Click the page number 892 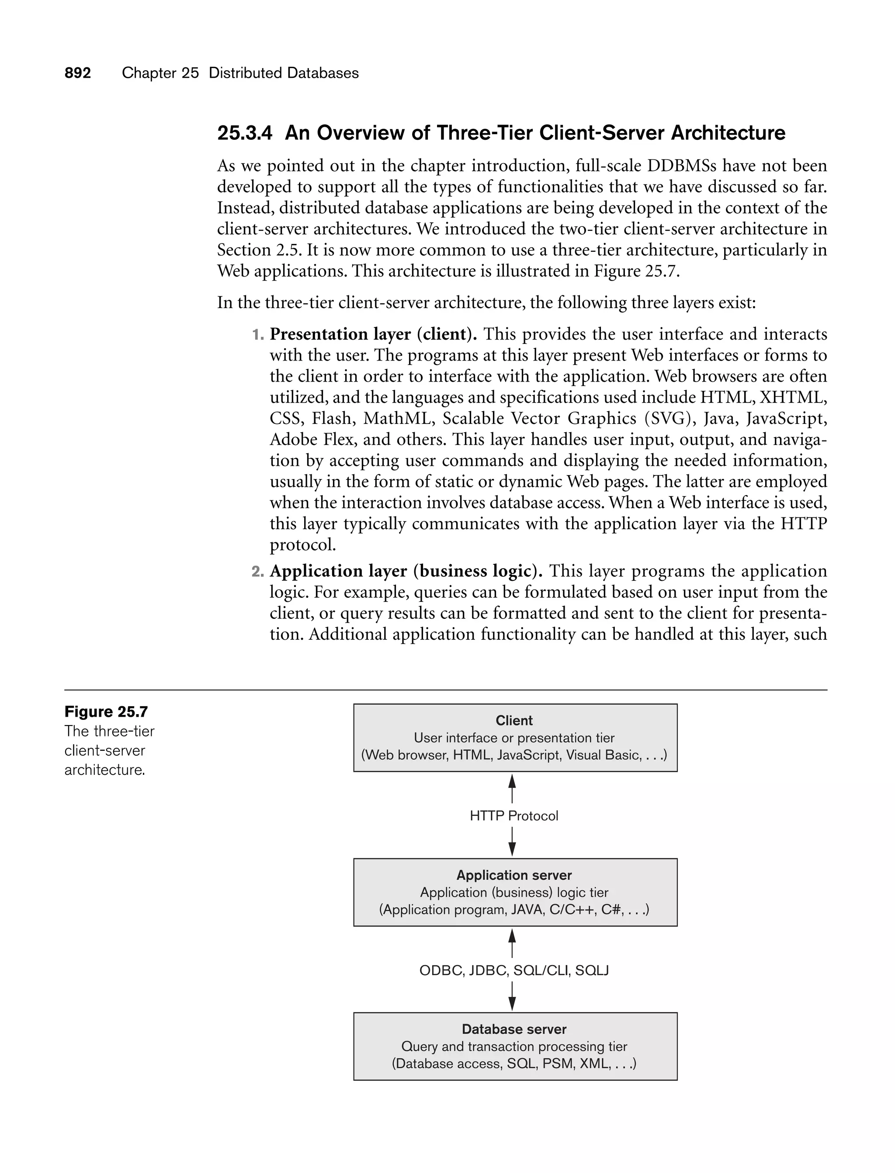coord(78,73)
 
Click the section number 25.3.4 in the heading coord(245,133)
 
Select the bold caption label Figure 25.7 coord(106,711)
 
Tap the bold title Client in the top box coord(514,720)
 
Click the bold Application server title coord(514,875)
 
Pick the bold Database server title coord(514,1029)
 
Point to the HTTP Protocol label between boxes coord(514,816)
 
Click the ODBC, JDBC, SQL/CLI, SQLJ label coord(514,970)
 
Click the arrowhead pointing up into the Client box coord(512,781)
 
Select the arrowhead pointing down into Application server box coord(512,849)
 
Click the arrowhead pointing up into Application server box coord(512,936)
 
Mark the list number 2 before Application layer coord(257,572)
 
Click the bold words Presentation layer coord(340,334)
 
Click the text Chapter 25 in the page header coord(160,73)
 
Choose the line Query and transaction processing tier coord(514,1046)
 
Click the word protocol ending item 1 coord(302,545)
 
